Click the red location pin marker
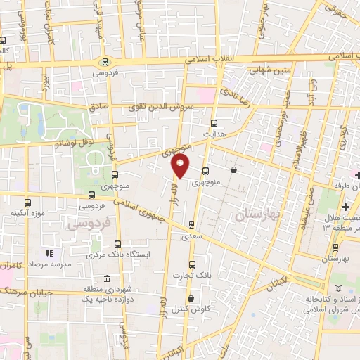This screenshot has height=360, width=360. [181, 166]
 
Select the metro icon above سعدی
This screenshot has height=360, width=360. [191, 226]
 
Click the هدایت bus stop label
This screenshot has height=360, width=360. [213, 132]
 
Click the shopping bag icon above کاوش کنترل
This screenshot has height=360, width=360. [191, 298]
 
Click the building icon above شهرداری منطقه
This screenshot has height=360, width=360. [106, 278]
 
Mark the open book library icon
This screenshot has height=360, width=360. [342, 288]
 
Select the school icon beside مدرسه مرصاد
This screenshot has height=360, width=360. [49, 253]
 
